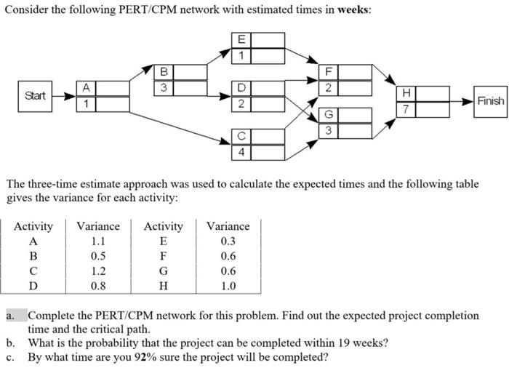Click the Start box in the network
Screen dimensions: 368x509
[35, 95]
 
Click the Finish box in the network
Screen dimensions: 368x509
[490, 100]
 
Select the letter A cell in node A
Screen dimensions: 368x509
[85, 88]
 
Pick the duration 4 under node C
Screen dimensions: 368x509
[241, 152]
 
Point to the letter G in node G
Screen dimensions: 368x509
[328, 115]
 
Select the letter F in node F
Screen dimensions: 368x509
[328, 71]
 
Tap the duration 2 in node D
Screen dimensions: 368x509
[241, 103]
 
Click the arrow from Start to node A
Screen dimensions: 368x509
[65, 96]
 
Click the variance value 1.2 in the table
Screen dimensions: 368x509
[98, 271]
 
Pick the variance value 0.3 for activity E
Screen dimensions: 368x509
[228, 241]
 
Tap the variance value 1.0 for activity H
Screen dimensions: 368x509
[228, 286]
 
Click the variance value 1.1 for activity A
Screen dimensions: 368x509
[98, 241]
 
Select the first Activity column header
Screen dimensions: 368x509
[33, 226]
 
